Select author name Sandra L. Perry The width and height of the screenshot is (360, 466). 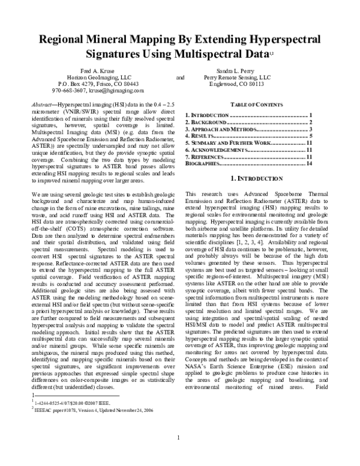point(236,71)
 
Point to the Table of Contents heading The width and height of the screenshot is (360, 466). point(249,104)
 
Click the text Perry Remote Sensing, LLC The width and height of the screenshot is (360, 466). point(237,77)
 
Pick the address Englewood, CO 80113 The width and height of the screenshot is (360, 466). point(236,84)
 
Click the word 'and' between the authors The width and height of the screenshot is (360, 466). point(180,77)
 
